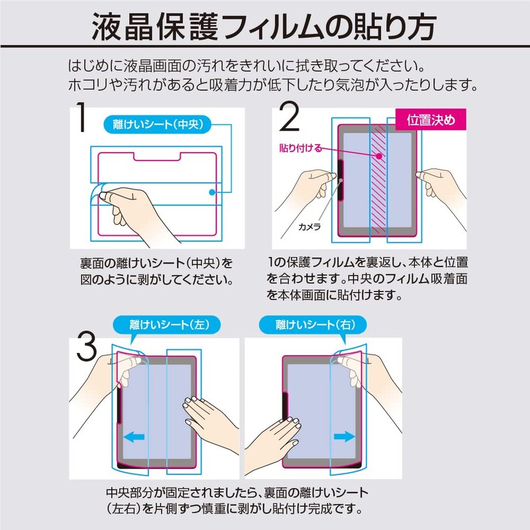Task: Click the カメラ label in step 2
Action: pos(309,227)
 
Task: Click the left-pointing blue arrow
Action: pos(136,437)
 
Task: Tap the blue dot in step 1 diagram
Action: pos(211,192)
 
